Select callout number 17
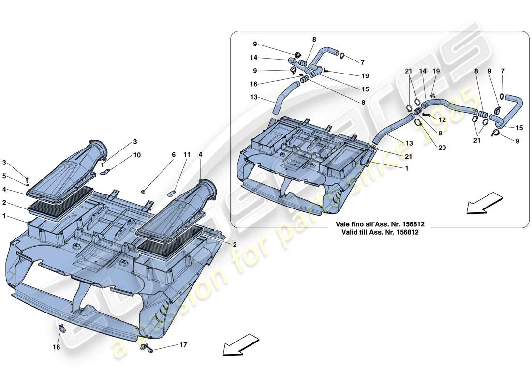pos(183,345)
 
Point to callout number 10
pos(137,155)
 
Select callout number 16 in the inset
pos(254,84)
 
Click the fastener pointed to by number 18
pos(63,329)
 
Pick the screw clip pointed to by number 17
pos(147,348)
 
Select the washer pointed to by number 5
pos(28,184)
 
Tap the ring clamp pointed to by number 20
pos(418,122)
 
